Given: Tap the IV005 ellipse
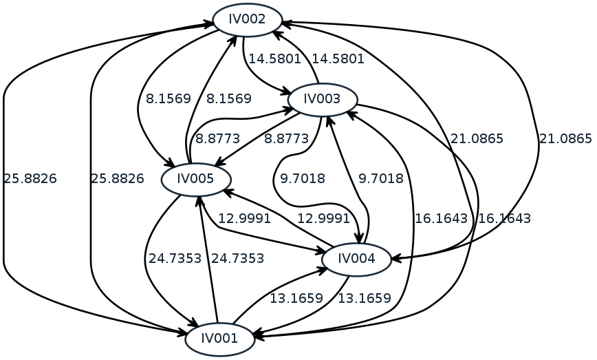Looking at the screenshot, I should coord(196,180).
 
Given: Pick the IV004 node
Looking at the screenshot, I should coord(357,260).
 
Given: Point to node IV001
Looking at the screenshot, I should coord(220,338).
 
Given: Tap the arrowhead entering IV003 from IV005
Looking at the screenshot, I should coord(292,108).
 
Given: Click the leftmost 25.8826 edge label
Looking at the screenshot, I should coord(30,179).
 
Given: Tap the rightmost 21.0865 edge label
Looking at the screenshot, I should coord(565,139).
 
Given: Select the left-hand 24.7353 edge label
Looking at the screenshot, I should coord(175,259).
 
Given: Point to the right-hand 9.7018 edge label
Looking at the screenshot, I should coord(380,179).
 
